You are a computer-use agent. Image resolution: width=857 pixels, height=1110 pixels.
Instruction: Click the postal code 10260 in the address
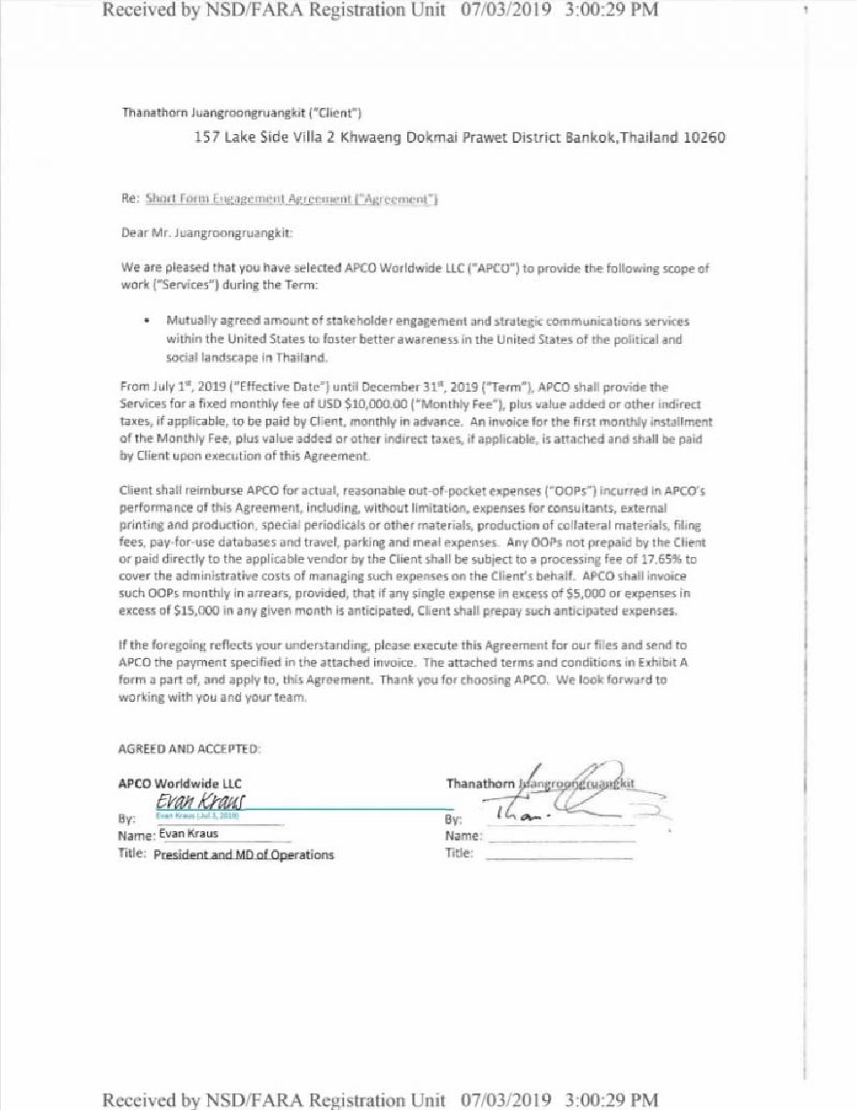[x=704, y=138]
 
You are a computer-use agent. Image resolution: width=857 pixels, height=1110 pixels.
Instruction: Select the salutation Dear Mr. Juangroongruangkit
[x=207, y=233]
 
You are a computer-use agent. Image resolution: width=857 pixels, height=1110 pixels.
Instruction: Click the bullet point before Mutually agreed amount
[x=146, y=321]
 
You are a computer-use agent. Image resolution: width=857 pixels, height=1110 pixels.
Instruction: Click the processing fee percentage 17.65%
[x=662, y=559]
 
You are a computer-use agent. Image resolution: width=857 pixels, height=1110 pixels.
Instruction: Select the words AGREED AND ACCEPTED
[x=189, y=749]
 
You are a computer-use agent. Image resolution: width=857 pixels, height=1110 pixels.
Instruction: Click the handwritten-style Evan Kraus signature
[x=200, y=801]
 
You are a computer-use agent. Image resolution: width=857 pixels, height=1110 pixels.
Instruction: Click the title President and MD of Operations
[x=244, y=855]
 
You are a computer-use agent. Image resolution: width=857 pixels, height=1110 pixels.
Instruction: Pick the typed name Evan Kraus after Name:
[x=188, y=834]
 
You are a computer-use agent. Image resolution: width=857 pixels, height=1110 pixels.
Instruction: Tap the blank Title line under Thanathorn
[x=559, y=855]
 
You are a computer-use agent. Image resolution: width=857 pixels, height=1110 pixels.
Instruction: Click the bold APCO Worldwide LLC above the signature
[x=179, y=783]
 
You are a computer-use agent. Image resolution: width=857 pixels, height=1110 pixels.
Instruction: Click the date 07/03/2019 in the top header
[x=505, y=10]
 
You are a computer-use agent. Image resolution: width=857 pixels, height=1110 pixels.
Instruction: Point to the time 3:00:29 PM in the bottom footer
[x=612, y=1099]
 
